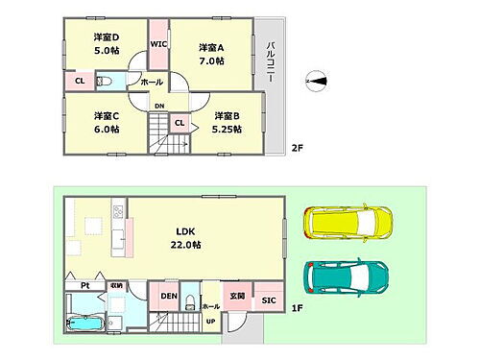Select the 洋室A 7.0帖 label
point(211,53)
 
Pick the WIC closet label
point(159,43)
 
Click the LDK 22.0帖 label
point(186,237)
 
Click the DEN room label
point(168,297)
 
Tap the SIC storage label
point(268,300)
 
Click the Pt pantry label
point(84,284)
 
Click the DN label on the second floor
point(158,106)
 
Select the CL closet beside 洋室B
point(179,122)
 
